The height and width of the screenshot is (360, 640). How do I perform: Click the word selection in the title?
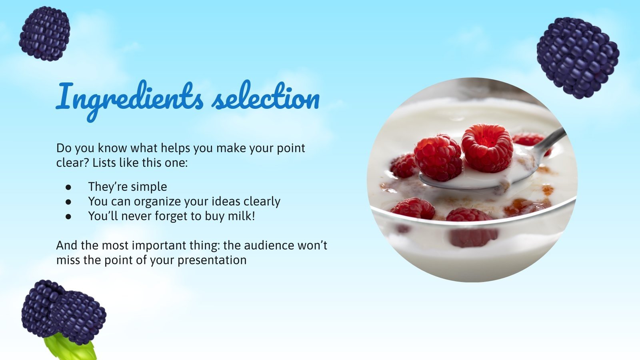(x=266, y=98)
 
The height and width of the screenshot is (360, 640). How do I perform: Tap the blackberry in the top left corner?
(x=44, y=34)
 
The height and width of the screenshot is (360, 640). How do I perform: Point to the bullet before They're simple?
(x=68, y=187)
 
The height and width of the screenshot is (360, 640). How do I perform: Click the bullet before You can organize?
(x=68, y=202)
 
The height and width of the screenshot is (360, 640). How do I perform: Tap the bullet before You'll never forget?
(x=68, y=216)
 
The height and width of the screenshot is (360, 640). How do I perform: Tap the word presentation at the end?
(x=212, y=260)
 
